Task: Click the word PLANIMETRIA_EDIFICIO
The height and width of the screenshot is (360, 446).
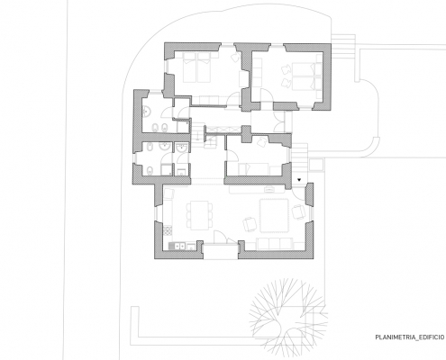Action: [x=409, y=337]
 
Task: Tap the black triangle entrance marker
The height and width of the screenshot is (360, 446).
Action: [x=299, y=180]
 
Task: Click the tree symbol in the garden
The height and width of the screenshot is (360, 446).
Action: [x=288, y=317]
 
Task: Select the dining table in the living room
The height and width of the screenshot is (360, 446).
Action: [x=197, y=215]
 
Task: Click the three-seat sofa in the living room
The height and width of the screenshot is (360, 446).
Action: [x=275, y=244]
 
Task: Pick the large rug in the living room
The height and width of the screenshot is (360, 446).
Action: [x=274, y=215]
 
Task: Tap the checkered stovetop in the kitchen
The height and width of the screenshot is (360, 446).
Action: [x=168, y=230]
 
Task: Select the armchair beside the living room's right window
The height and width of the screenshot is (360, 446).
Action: [x=298, y=211]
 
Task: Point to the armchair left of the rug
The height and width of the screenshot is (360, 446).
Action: [x=250, y=224]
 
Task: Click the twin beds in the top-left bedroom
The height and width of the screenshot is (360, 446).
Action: [x=196, y=67]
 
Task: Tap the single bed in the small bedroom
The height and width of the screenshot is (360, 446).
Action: [x=254, y=169]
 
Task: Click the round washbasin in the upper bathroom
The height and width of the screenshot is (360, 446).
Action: [x=148, y=112]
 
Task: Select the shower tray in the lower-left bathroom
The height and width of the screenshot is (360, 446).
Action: [x=167, y=170]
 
